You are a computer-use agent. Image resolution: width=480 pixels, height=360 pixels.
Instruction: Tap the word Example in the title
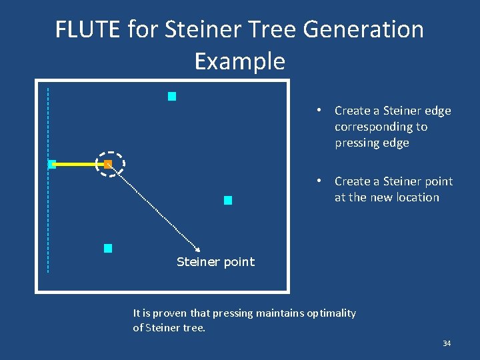pos(239,61)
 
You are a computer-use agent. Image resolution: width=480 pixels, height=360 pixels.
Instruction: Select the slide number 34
pos(447,343)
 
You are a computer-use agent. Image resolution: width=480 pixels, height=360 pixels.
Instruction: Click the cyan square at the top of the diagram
pos(171,97)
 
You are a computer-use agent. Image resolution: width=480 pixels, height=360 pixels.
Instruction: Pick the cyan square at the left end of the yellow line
pos(52,164)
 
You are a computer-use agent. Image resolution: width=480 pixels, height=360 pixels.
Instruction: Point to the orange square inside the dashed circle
pos(108,164)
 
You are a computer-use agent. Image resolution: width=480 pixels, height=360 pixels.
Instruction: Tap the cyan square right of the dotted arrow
pos(228,200)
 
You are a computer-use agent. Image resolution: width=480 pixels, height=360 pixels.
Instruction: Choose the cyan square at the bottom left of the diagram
pos(108,249)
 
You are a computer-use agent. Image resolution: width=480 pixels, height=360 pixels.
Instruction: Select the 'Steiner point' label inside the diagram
pos(215,262)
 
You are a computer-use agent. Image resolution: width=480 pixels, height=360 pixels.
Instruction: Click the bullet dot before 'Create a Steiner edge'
pos(320,111)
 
